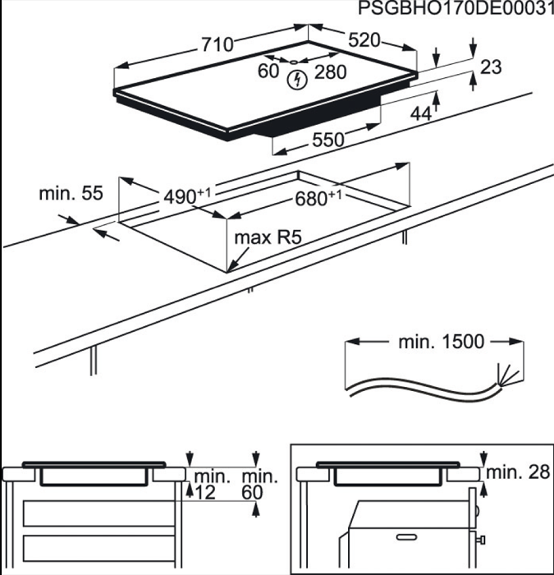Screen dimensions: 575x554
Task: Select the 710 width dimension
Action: point(216,44)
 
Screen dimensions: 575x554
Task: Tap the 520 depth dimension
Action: point(363,40)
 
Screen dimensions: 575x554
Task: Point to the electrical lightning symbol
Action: point(298,80)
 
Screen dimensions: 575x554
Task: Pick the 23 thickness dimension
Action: point(490,68)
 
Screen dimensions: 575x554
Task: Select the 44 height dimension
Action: point(421,114)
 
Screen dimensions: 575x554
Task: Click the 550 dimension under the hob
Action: point(327,140)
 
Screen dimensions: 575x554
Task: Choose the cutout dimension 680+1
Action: point(321,199)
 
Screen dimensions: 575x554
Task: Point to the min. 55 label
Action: point(71,194)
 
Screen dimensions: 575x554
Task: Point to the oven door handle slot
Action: point(411,536)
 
